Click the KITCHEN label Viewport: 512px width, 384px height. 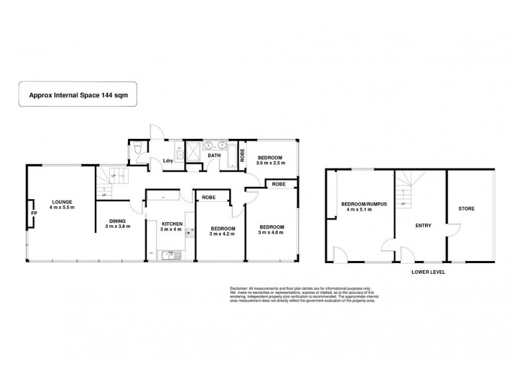tap(172, 223)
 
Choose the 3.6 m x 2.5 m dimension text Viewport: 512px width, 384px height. tap(270, 163)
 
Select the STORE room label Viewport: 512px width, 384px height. tap(467, 209)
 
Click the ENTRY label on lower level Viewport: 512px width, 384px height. tap(423, 225)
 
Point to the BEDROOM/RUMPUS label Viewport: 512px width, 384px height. tap(359, 205)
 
